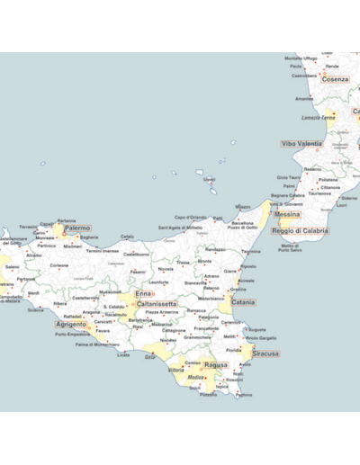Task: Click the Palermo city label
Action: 77,228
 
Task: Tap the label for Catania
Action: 243,302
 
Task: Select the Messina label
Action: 287,215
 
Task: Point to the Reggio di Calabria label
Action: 301,231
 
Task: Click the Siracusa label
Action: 265,353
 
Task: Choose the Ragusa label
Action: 216,365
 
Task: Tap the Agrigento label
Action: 72,324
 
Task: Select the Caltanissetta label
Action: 151,305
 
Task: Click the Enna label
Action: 143,293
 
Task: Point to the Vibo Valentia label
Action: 301,144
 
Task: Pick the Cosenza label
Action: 335,79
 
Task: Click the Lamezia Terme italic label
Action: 318,117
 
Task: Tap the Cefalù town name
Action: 128,237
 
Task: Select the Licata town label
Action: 123,354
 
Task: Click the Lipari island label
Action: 209,179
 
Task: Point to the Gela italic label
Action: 149,356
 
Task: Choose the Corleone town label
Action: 59,265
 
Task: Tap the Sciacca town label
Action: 35,309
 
